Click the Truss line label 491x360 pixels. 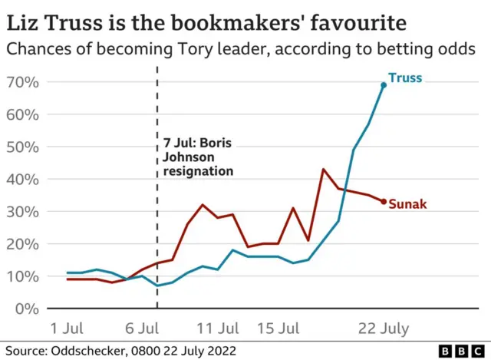click(x=405, y=78)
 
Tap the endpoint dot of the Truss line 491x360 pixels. click(x=384, y=84)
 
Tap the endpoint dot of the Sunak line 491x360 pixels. click(x=384, y=201)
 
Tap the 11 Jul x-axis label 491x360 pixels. click(x=219, y=328)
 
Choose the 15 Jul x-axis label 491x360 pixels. click(x=278, y=328)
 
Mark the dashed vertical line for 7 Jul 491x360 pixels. click(x=157, y=230)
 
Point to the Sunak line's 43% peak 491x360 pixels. click(x=324, y=169)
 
